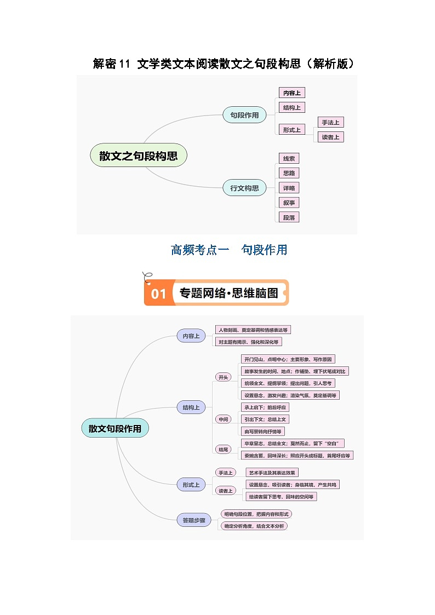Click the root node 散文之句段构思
pyautogui.click(x=138, y=156)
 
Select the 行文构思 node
pyautogui.click(x=244, y=188)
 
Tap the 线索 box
pyautogui.click(x=289, y=159)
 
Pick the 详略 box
pyautogui.click(x=289, y=188)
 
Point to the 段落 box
pyautogui.click(x=289, y=217)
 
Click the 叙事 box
pyautogui.click(x=289, y=203)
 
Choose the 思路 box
pyautogui.click(x=289, y=173)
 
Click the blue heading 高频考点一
pyautogui.click(x=198, y=250)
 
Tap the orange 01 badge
pyautogui.click(x=158, y=294)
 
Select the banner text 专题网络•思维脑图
pyautogui.click(x=229, y=293)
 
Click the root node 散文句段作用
pyautogui.click(x=115, y=429)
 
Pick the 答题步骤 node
pyautogui.click(x=193, y=520)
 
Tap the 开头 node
pyautogui.click(x=223, y=377)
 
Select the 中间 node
pyautogui.click(x=224, y=419)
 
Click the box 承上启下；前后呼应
pyautogui.click(x=265, y=407)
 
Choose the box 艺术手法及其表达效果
pyautogui.click(x=273, y=473)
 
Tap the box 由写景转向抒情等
pyautogui.click(x=264, y=432)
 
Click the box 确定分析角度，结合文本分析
pyautogui.click(x=254, y=526)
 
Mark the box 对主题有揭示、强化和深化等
pyautogui.click(x=248, y=342)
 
